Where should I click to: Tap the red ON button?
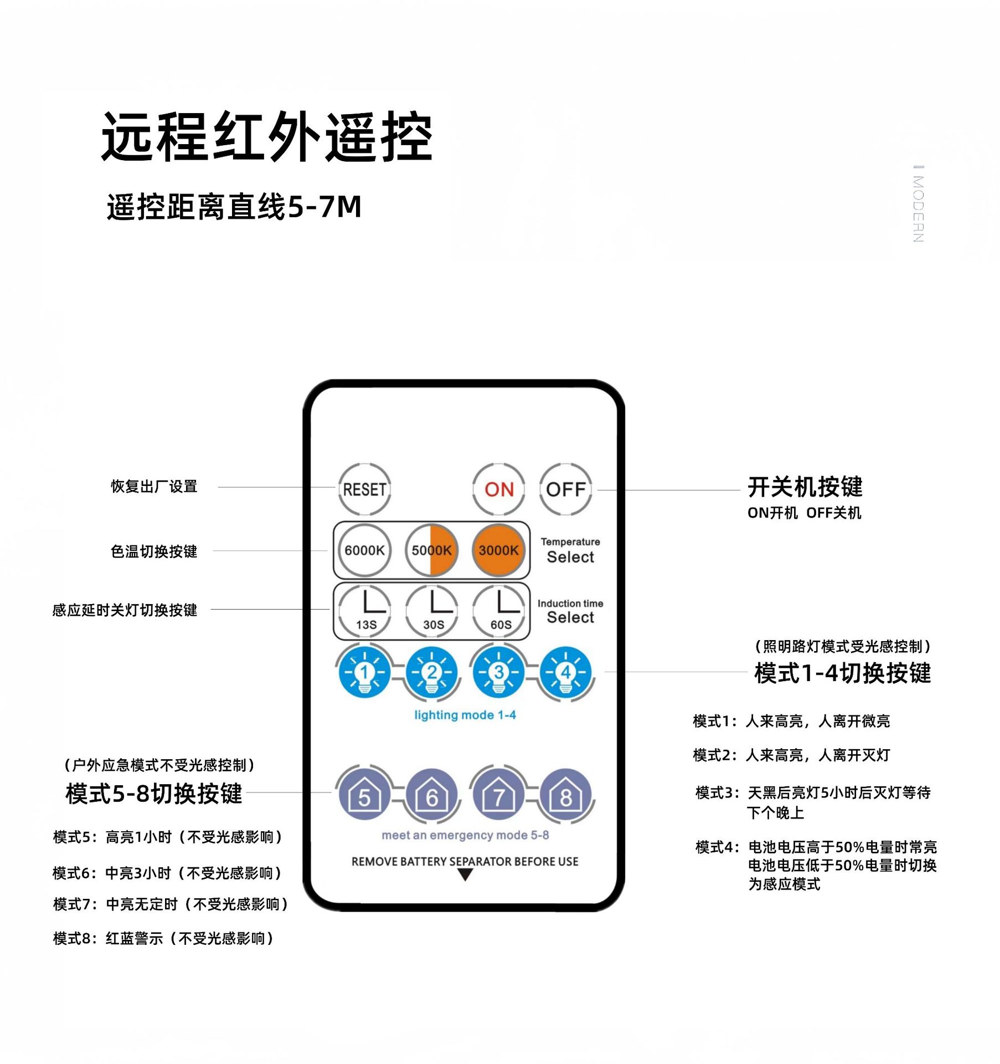[x=498, y=489]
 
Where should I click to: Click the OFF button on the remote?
[x=565, y=489]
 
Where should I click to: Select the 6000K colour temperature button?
[x=364, y=550]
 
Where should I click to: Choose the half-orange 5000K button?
[x=431, y=550]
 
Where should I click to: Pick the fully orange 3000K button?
[x=498, y=550]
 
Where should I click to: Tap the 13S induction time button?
[x=364, y=610]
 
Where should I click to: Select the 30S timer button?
[x=432, y=610]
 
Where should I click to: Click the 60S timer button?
[x=499, y=610]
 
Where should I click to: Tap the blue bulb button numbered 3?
[x=498, y=672]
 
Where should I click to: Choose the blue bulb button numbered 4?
[x=565, y=672]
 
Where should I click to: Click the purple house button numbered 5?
[x=364, y=795]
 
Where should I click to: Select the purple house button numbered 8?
[x=565, y=795]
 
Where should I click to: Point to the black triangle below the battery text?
[x=465, y=875]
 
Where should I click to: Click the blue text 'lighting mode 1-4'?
[x=465, y=715]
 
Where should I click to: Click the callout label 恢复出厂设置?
[x=154, y=487]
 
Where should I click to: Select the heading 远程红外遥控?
[x=266, y=137]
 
